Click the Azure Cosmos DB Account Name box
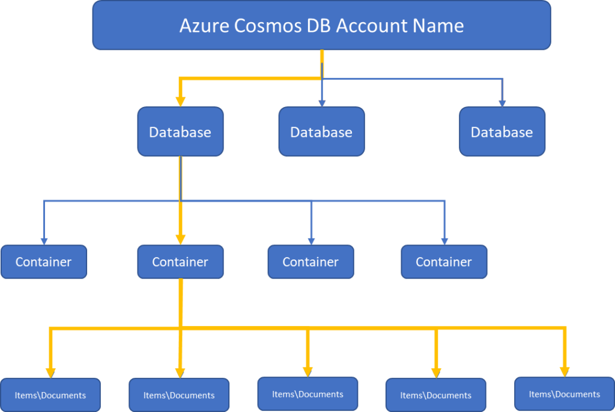click(321, 25)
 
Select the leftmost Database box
click(180, 132)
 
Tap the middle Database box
click(321, 132)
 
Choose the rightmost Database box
click(502, 132)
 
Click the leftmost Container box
click(43, 262)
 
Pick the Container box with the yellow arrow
click(180, 262)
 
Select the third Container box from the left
click(311, 262)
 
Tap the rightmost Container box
click(444, 262)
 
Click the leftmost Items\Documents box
click(50, 395)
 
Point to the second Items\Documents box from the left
click(179, 395)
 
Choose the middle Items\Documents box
click(307, 394)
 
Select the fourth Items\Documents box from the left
click(435, 395)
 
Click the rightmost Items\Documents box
click(565, 394)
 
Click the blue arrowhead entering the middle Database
click(322, 103)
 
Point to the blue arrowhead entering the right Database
click(502, 103)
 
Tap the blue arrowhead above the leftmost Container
click(44, 241)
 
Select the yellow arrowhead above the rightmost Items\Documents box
click(565, 372)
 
